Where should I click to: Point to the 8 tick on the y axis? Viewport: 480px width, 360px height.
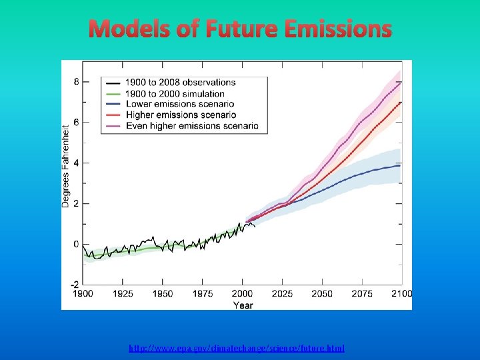[x=76, y=82]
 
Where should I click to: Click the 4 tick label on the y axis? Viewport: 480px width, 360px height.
[x=76, y=163]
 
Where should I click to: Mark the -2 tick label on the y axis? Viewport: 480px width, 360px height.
[x=75, y=284]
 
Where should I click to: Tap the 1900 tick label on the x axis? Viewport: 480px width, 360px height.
[x=83, y=294]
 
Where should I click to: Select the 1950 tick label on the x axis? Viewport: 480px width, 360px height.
[x=163, y=294]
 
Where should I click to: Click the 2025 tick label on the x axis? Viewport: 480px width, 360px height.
[x=282, y=294]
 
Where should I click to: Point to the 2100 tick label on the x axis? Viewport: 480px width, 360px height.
[x=401, y=294]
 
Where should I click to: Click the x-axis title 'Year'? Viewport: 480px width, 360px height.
[x=243, y=305]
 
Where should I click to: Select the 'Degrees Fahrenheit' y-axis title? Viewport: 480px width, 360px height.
[x=66, y=164]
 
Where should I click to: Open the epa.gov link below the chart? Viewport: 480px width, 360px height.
[x=237, y=348]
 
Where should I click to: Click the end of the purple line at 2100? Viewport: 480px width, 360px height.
[x=401, y=82]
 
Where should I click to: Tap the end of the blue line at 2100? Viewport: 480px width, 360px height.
[x=401, y=165]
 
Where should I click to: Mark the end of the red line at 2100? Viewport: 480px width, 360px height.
[x=401, y=103]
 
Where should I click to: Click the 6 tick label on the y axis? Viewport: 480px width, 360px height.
[x=76, y=123]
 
